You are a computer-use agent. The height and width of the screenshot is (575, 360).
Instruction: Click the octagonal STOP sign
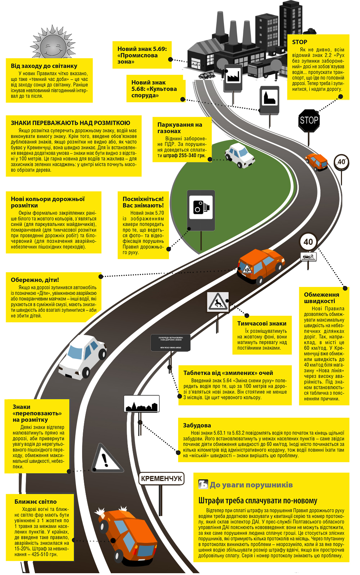(309, 120)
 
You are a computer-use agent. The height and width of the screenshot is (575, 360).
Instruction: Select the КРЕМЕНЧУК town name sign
(162, 479)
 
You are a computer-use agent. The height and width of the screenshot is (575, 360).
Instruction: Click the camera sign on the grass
(201, 210)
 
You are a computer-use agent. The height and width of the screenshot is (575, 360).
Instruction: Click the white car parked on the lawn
(240, 155)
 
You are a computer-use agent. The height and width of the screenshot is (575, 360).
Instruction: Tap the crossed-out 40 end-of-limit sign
(341, 162)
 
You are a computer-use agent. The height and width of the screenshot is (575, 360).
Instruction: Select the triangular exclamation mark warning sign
(106, 459)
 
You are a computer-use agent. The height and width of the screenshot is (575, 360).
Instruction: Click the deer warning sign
(217, 302)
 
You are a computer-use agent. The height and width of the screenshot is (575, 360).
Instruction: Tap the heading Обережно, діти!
(35, 280)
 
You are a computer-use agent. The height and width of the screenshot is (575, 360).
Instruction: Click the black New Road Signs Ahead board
(170, 342)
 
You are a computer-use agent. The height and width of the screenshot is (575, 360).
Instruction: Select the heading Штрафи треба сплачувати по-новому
(257, 500)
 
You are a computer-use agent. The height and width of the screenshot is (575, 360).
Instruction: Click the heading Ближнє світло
(35, 502)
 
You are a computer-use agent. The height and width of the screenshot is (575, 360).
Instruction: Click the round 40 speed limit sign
(308, 242)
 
